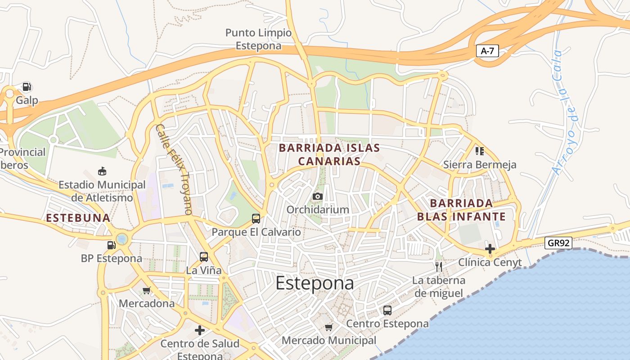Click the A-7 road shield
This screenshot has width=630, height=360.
click(x=487, y=51)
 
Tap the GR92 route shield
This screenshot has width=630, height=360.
click(x=558, y=243)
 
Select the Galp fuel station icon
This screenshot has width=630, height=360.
click(x=27, y=87)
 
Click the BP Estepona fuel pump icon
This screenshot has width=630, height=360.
click(x=111, y=245)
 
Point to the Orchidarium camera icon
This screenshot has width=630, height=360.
click(x=318, y=196)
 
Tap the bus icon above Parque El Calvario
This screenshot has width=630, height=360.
click(x=256, y=219)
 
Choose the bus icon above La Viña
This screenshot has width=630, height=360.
click(x=204, y=257)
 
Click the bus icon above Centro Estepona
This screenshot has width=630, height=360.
click(x=387, y=310)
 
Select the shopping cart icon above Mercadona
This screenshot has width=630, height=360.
click(x=146, y=290)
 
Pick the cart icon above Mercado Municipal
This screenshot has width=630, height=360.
click(x=329, y=327)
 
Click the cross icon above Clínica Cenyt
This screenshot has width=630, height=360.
click(x=490, y=248)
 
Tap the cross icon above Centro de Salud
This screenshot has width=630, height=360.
click(x=200, y=330)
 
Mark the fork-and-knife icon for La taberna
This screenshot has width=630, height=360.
click(x=439, y=266)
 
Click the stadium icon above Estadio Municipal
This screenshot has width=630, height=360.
click(x=102, y=171)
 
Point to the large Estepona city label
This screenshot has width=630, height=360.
click(x=315, y=283)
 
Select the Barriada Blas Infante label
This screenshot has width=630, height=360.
click(x=461, y=210)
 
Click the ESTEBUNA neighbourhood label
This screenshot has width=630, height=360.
click(x=78, y=218)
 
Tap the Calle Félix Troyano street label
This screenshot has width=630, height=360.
click(x=174, y=169)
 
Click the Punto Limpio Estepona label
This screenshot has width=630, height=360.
click(x=258, y=39)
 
